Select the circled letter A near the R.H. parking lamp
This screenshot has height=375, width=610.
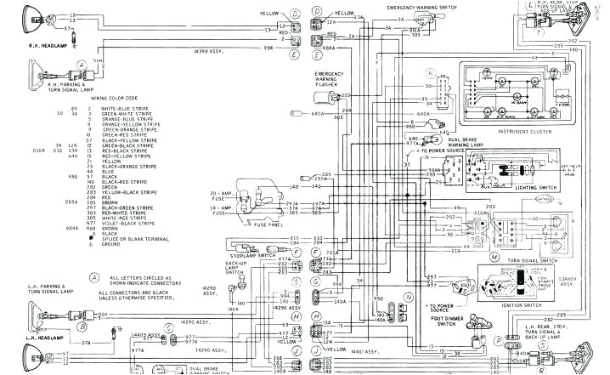tap(81, 64)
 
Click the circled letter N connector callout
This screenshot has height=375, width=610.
tap(407, 298)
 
